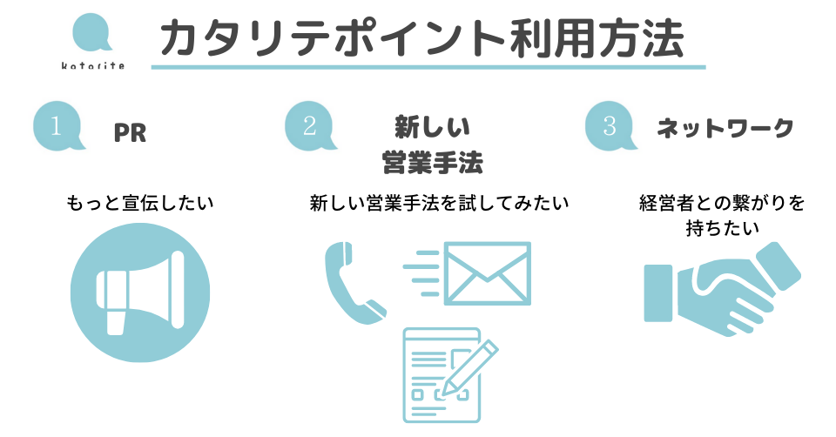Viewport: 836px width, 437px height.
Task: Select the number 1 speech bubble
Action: pyautogui.click(x=57, y=127)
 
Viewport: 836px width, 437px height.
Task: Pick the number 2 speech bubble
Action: pyautogui.click(x=309, y=127)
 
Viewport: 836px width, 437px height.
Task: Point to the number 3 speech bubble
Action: pyautogui.click(x=609, y=127)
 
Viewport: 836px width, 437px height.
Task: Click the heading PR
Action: pyautogui.click(x=130, y=133)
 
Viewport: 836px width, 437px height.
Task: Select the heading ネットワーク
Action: pyautogui.click(x=725, y=129)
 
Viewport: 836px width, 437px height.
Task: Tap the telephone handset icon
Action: pyautogui.click(x=351, y=283)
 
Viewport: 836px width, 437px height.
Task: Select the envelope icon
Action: pyautogui.click(x=487, y=272)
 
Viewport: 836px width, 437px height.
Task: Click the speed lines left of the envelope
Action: pyautogui.click(x=421, y=272)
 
